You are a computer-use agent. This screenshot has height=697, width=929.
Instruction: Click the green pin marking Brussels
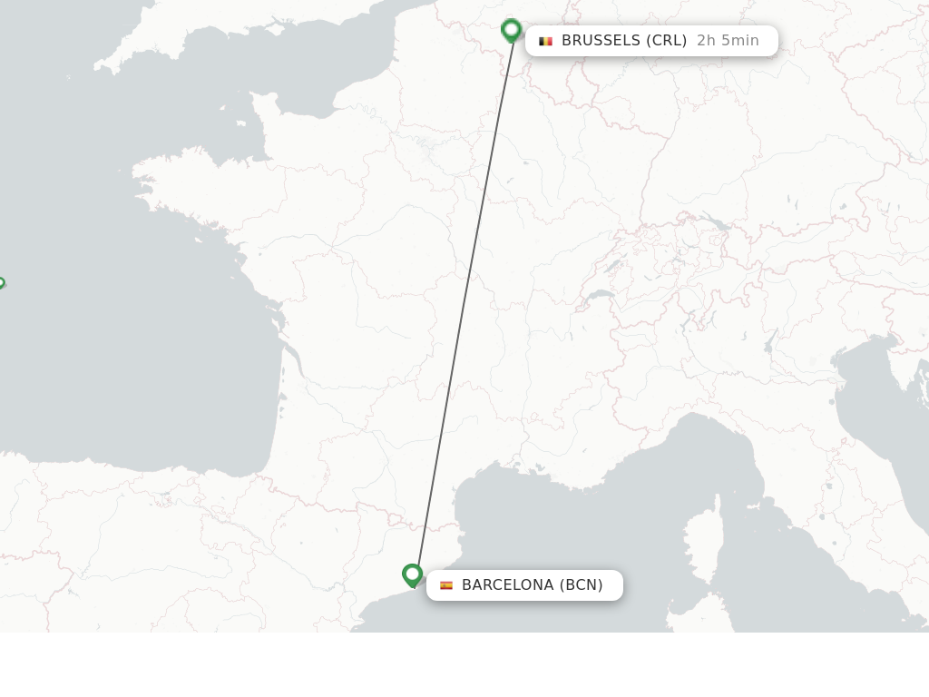click(x=511, y=30)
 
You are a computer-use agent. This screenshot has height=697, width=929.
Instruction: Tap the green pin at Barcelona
click(x=412, y=574)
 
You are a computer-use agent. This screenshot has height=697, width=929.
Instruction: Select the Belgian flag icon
click(x=545, y=41)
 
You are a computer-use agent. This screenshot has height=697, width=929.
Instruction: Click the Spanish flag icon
click(x=446, y=585)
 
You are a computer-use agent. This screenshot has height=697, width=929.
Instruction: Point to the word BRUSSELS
click(x=601, y=41)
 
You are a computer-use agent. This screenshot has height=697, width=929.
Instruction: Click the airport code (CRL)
click(x=667, y=41)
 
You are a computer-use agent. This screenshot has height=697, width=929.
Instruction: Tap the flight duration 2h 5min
click(x=728, y=41)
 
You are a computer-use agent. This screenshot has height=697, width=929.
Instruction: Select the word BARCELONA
click(x=507, y=585)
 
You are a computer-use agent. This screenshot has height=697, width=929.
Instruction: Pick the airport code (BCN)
click(x=581, y=585)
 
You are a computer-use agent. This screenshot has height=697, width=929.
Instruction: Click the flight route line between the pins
click(x=463, y=299)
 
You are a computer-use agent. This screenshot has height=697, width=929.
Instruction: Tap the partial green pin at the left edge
click(x=1, y=283)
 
